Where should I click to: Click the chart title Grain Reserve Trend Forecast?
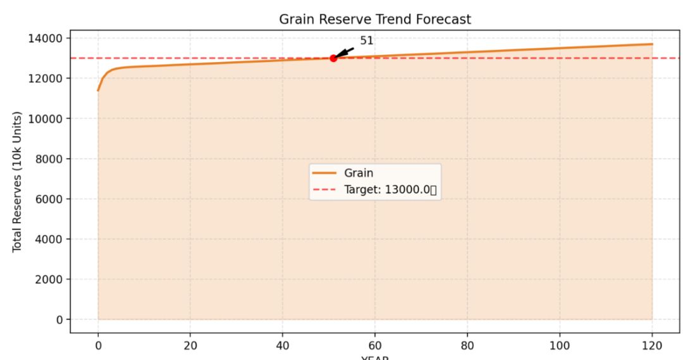[375, 20]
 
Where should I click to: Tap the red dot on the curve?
[333, 58]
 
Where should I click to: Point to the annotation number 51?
[367, 40]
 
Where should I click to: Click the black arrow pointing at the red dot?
[344, 52]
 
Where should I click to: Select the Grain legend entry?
[359, 173]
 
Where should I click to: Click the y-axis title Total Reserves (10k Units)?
[17, 182]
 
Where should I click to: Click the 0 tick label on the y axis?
[58, 320]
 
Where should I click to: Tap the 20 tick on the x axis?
[190, 345]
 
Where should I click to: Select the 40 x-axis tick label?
[282, 345]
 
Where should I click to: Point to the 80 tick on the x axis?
[467, 345]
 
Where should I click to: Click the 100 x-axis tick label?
[560, 345]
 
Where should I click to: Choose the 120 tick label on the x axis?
[652, 345]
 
